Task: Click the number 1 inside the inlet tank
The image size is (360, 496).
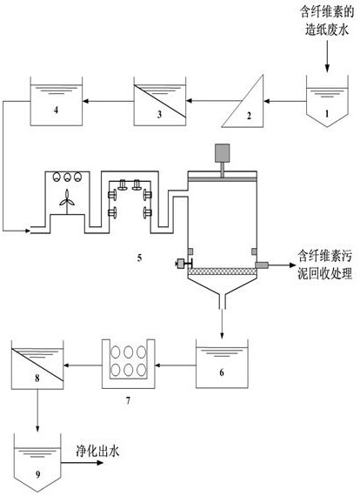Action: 327,113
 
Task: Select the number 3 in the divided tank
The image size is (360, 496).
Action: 159,114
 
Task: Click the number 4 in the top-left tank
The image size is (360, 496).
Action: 56,111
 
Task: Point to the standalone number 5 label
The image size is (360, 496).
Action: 139,258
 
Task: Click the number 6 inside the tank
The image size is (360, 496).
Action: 222,372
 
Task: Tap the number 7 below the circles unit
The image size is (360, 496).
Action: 128,401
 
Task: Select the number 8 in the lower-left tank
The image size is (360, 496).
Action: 37,378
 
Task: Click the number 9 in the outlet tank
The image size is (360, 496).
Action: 38,474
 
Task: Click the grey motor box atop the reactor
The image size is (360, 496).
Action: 223,153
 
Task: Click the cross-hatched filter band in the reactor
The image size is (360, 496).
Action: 223,271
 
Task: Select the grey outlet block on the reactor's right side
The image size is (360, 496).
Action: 262,265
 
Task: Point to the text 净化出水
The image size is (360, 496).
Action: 97,451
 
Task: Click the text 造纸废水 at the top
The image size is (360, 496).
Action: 327,30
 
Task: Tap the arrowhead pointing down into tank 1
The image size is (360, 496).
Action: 327,68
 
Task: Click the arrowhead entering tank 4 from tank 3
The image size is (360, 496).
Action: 86,101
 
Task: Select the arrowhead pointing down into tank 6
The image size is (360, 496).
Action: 223,335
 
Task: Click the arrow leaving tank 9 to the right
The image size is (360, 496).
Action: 83,463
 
